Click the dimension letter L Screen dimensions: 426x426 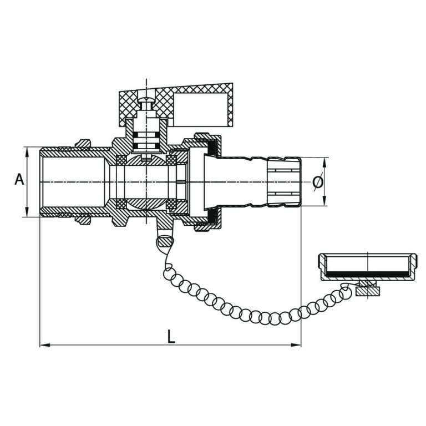(171, 336)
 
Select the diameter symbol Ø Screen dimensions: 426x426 (317, 182)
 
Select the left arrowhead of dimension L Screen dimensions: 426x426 (44, 345)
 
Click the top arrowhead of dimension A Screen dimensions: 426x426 (27, 150)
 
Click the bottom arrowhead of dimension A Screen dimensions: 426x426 (27, 214)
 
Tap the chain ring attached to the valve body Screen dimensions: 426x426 (165, 241)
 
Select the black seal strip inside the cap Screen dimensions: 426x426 (366, 274)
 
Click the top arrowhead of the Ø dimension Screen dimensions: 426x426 (324, 161)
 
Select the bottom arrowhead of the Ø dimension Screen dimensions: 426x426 (324, 203)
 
